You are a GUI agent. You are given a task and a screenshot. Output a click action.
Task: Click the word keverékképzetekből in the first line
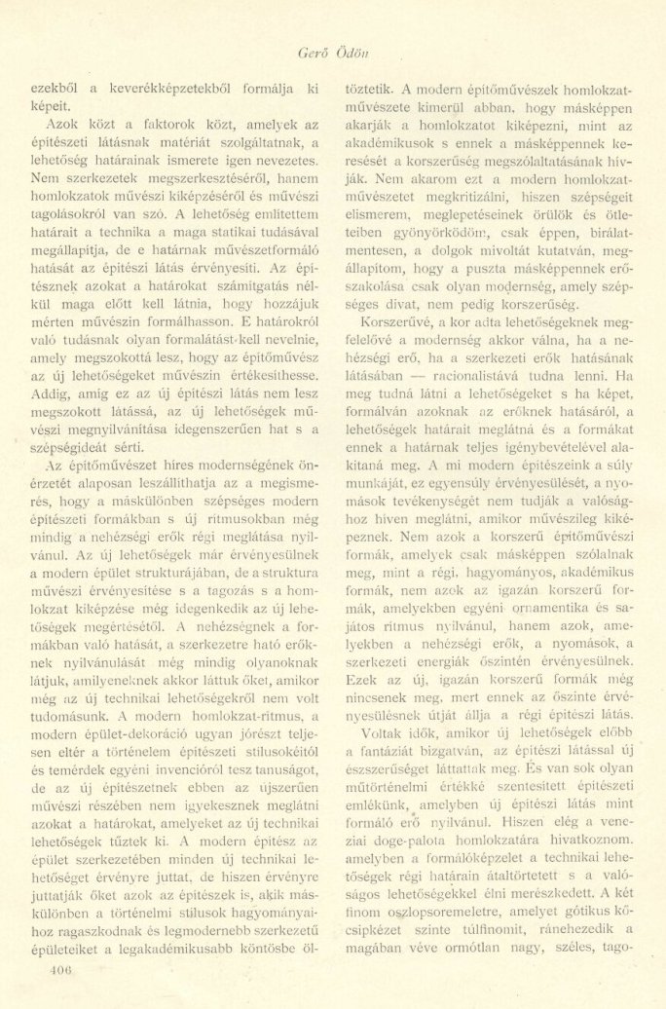(x=177, y=89)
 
